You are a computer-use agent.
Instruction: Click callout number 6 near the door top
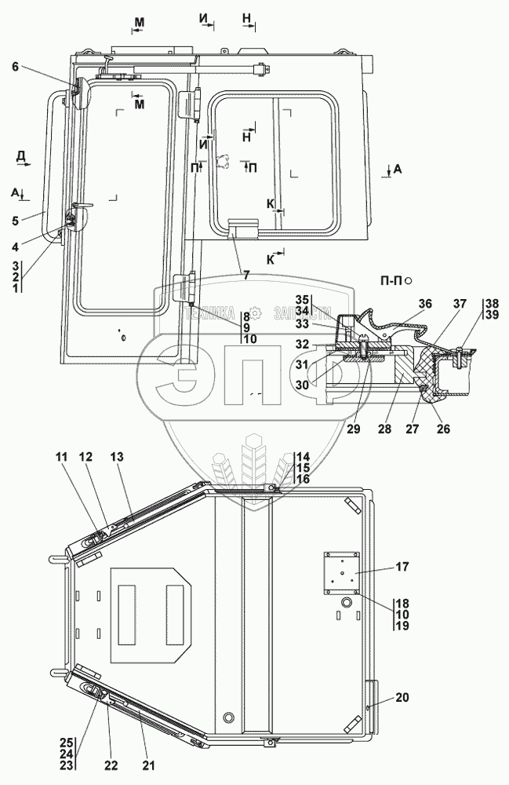[14, 68]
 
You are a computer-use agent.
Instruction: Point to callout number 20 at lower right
[403, 698]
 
